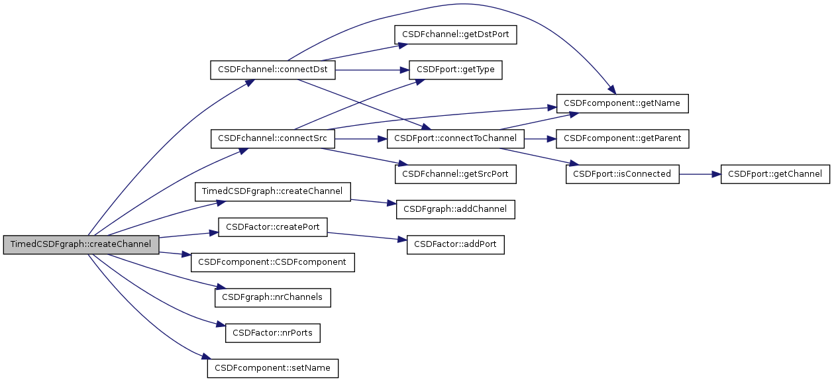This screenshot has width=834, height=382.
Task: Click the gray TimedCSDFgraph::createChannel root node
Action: pos(81,244)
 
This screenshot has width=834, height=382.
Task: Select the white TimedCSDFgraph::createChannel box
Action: pos(272,191)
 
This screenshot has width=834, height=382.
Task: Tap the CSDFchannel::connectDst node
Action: pos(273,70)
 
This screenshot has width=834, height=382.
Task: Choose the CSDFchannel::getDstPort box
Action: pos(455,35)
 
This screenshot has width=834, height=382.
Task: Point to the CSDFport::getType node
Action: pos(455,70)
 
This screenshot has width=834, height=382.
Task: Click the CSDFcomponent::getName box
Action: pos(623,104)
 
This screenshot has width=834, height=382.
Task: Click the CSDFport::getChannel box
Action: pos(775,174)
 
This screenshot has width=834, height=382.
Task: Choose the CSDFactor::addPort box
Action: pos(456,244)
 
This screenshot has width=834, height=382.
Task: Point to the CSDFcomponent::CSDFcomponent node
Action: pos(273,262)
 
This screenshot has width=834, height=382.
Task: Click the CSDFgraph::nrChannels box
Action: pos(272,297)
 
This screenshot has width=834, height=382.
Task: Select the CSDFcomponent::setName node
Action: pos(273,367)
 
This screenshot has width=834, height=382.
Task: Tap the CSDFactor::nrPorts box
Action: pos(273,332)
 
